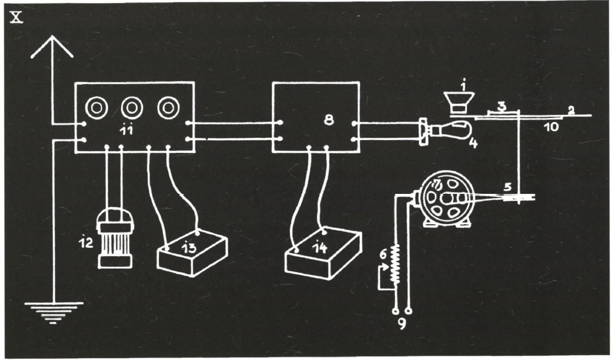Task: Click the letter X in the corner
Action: pos(17,16)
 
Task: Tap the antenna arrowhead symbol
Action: pos(52,47)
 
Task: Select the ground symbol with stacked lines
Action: pos(54,311)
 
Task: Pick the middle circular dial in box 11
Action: pos(131,108)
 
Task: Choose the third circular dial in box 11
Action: pos(168,108)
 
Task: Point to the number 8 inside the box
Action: pos(329,120)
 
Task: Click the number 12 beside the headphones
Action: pos(87,243)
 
